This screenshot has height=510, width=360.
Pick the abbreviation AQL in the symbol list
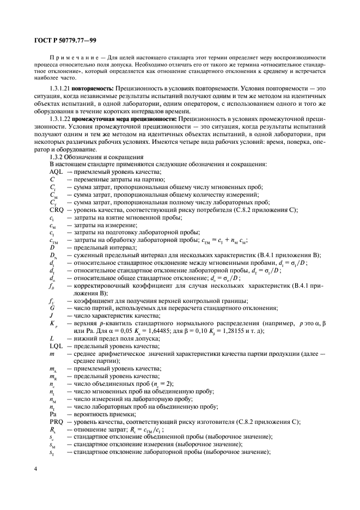point(56,172)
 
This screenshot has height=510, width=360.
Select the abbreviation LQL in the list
point(56,346)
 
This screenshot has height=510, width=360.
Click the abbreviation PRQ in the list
point(57,421)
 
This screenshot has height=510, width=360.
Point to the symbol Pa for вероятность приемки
point(53,414)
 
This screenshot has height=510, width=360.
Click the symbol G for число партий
point(52,308)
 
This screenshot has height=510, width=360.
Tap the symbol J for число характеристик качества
point(51,315)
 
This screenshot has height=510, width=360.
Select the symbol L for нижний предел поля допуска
point(51,338)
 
